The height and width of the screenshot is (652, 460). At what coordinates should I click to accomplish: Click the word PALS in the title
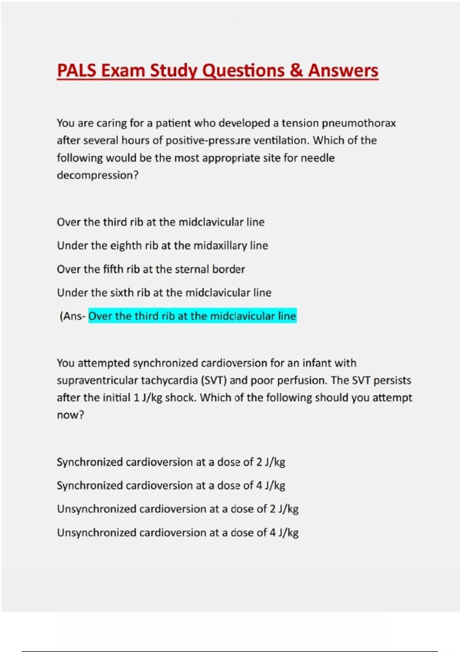point(77,71)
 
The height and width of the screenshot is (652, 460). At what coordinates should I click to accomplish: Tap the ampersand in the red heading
point(296,71)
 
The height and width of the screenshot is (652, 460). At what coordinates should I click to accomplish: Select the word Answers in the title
point(343,71)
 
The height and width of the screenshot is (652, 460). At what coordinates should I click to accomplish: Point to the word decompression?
point(97,175)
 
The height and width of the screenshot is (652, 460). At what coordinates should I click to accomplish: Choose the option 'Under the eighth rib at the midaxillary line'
point(162,245)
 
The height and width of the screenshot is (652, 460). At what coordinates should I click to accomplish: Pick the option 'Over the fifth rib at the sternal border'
point(151,269)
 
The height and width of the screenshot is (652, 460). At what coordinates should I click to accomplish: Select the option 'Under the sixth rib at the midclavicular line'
point(164,293)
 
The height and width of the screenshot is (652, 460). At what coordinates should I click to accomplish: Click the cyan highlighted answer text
point(192,316)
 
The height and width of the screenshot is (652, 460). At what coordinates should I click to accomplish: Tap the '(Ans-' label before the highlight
point(72,316)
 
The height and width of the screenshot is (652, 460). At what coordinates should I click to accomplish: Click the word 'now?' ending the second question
point(70,415)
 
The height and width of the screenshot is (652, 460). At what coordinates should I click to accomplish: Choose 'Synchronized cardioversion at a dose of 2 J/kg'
point(171,462)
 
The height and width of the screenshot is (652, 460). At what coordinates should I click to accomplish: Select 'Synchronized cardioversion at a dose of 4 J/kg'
point(171,486)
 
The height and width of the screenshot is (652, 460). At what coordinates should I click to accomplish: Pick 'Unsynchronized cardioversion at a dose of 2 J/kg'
point(177,509)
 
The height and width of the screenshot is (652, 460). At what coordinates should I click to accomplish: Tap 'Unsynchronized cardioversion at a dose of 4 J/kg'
point(177,533)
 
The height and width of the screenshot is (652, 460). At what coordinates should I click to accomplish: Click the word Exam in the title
point(123,71)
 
